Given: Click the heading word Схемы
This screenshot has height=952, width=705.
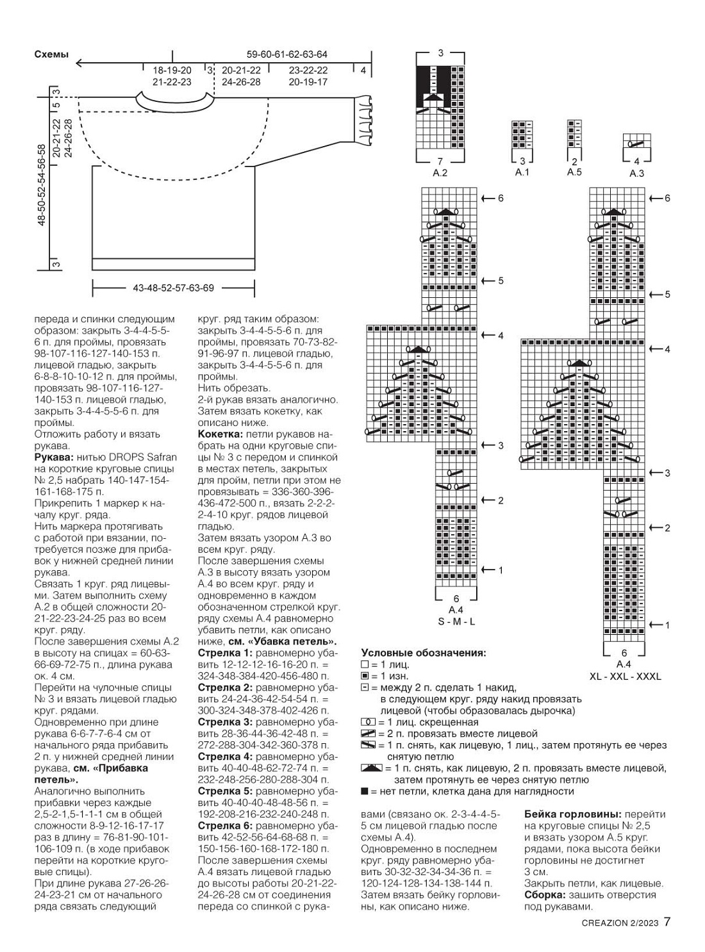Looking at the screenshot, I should (51, 55).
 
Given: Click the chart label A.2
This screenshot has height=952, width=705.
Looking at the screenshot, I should (440, 173).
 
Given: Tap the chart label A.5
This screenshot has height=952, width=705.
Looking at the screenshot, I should (574, 172).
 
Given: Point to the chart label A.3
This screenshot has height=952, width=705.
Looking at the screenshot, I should (636, 173).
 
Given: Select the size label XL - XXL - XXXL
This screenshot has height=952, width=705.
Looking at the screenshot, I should (625, 677).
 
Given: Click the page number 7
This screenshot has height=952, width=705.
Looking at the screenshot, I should (667, 923).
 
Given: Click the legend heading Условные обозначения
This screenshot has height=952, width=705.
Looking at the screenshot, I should (423, 653).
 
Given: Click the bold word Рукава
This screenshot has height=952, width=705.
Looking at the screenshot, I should (54, 457).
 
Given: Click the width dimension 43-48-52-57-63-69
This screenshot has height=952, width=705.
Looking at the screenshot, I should (173, 288).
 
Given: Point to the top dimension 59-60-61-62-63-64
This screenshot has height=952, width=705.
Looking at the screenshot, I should (287, 54).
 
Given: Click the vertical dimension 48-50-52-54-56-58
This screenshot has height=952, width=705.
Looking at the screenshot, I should (42, 185).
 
